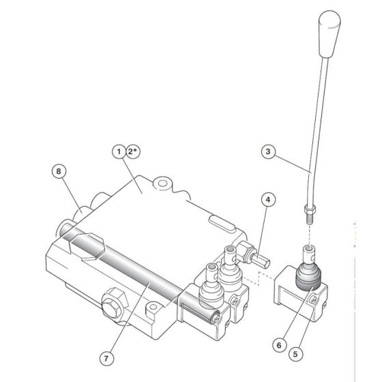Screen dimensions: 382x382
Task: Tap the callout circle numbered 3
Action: coord(268,151)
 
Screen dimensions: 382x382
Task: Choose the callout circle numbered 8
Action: coord(60,171)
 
